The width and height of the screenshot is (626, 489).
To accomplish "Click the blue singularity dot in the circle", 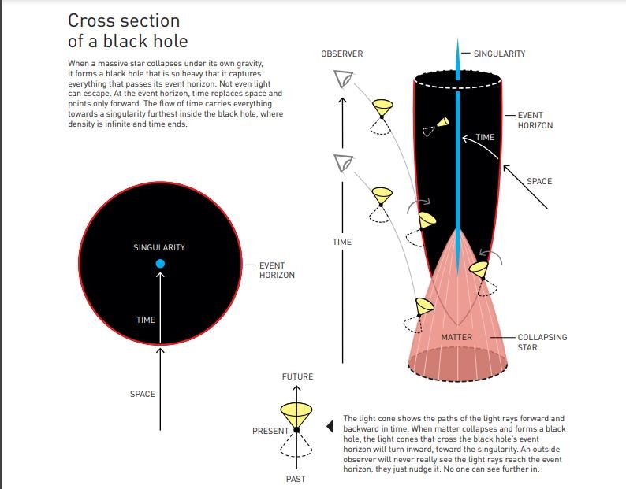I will (160, 263).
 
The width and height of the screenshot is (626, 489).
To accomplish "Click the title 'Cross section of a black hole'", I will (124, 31).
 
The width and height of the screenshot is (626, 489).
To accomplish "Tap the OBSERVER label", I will (341, 54).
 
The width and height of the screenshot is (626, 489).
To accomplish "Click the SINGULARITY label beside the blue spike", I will (499, 54).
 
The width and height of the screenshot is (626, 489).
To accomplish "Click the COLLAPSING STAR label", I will (542, 342).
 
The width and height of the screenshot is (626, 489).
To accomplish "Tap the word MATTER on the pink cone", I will (456, 338).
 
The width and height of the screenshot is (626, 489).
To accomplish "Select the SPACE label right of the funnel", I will (539, 182).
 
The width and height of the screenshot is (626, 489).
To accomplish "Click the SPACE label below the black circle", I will (143, 394).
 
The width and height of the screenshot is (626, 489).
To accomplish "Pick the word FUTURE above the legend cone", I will (297, 377).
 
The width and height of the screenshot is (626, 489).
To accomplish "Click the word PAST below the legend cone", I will (295, 479).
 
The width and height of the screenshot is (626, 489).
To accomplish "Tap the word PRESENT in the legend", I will (270, 432).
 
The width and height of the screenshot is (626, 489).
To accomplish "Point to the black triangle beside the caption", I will (330, 428).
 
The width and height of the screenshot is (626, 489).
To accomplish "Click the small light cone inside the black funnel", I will (442, 122).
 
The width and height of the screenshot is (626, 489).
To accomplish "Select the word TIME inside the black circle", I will (145, 320).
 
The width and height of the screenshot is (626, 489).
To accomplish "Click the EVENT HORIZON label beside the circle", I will (277, 270).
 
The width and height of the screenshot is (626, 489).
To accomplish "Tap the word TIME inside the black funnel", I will (485, 137).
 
